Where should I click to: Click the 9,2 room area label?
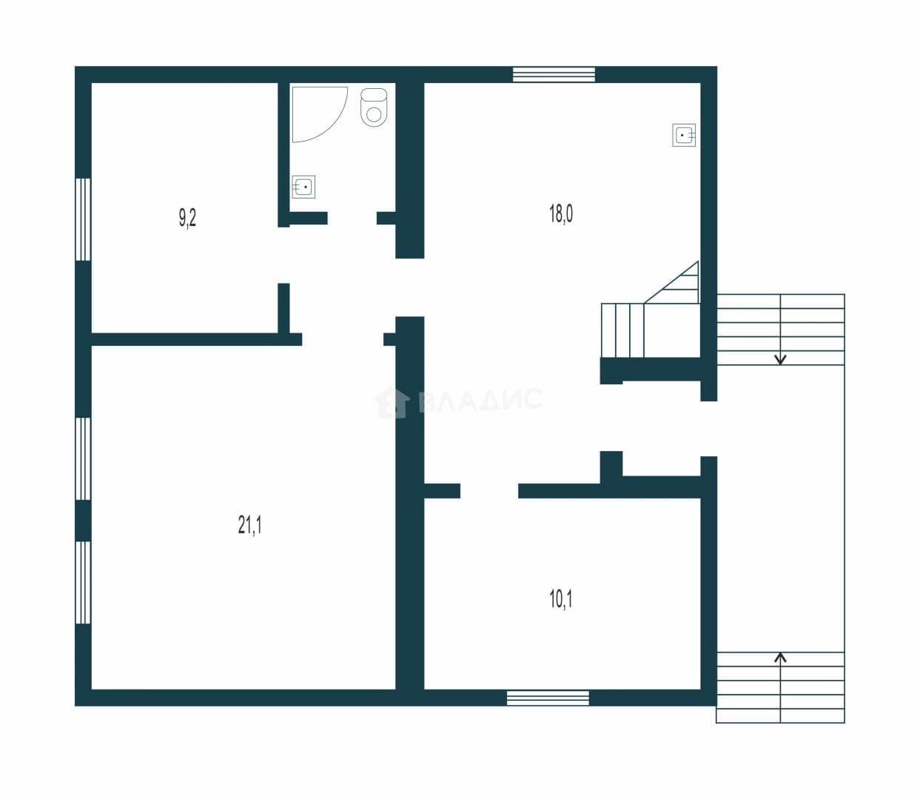coord(187,218)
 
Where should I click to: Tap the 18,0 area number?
coord(561,213)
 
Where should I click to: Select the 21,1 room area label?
coord(249,525)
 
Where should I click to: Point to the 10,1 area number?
coord(561,599)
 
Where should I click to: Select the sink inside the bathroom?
coord(303,187)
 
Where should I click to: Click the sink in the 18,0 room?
coord(684,135)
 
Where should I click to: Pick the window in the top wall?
coord(554,74)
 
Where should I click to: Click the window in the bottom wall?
coord(548,698)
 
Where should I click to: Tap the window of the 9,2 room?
coord(83,219)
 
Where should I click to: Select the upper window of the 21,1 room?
coord(83,459)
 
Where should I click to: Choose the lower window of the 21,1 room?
coord(83,582)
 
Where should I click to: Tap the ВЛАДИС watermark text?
coord(480,399)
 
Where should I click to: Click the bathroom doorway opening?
coord(352,218)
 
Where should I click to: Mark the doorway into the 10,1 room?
coord(489,490)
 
